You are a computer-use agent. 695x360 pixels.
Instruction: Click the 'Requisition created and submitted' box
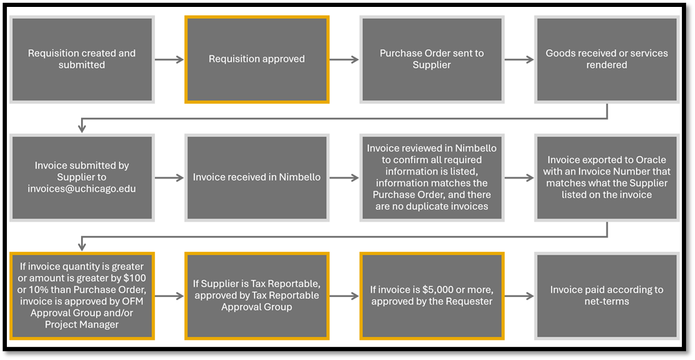pyautogui.click(x=82, y=60)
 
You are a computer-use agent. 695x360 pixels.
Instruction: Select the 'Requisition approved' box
pyautogui.click(x=257, y=60)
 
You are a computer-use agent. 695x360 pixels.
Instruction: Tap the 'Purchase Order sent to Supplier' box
pyautogui.click(x=431, y=60)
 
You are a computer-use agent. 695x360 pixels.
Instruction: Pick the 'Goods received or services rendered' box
pyautogui.click(x=606, y=60)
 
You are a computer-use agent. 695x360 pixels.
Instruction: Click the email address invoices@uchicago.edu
pyautogui.click(x=82, y=188)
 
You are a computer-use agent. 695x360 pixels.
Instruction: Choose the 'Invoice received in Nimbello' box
pyautogui.click(x=257, y=177)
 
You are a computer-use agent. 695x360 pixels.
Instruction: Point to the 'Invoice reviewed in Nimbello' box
pyautogui.click(x=431, y=177)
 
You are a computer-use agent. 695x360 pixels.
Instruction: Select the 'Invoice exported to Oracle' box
pyautogui.click(x=606, y=177)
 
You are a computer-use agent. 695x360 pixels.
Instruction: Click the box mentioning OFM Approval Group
pyautogui.click(x=82, y=296)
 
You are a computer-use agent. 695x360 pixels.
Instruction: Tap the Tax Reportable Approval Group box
pyautogui.click(x=257, y=296)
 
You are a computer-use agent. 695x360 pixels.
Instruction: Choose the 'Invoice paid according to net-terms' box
pyautogui.click(x=606, y=296)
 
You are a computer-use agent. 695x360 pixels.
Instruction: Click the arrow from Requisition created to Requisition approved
pyautogui.click(x=168, y=60)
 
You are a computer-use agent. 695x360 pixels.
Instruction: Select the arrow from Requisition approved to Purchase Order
pyautogui.click(x=343, y=60)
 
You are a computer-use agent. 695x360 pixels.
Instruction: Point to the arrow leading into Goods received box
pyautogui.click(x=518, y=60)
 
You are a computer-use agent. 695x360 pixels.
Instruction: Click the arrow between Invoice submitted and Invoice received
pyautogui.click(x=168, y=178)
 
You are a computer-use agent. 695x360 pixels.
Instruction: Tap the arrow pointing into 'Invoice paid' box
pyautogui.click(x=518, y=296)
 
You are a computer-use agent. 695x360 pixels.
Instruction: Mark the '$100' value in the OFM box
pyautogui.click(x=138, y=278)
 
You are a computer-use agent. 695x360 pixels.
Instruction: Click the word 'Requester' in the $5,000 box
pyautogui.click(x=467, y=301)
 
